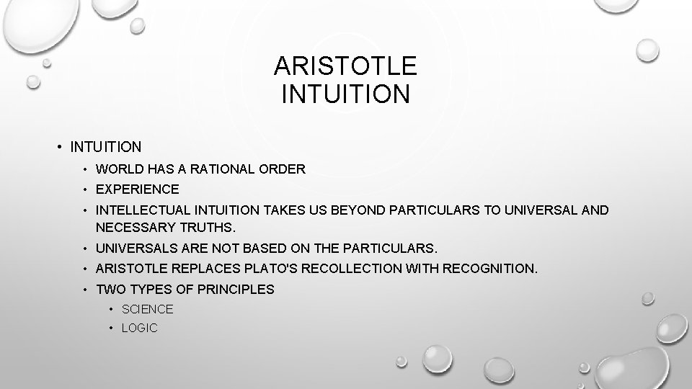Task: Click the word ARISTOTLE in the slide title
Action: [345, 66]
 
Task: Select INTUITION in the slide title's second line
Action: [345, 94]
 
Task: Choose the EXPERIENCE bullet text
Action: [137, 189]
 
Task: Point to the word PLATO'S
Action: [262, 269]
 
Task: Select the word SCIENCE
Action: [148, 309]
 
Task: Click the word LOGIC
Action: [139, 328]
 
